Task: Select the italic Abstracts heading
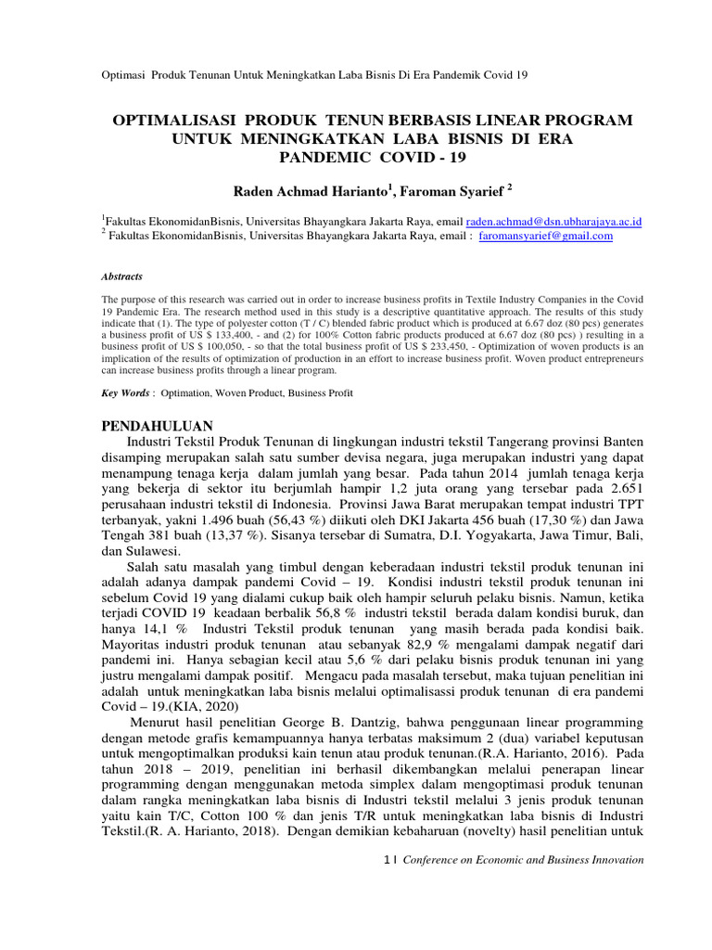pyautogui.click(x=121, y=276)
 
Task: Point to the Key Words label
pyautogui.click(x=124, y=393)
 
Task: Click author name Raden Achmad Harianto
pyautogui.click(x=310, y=190)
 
